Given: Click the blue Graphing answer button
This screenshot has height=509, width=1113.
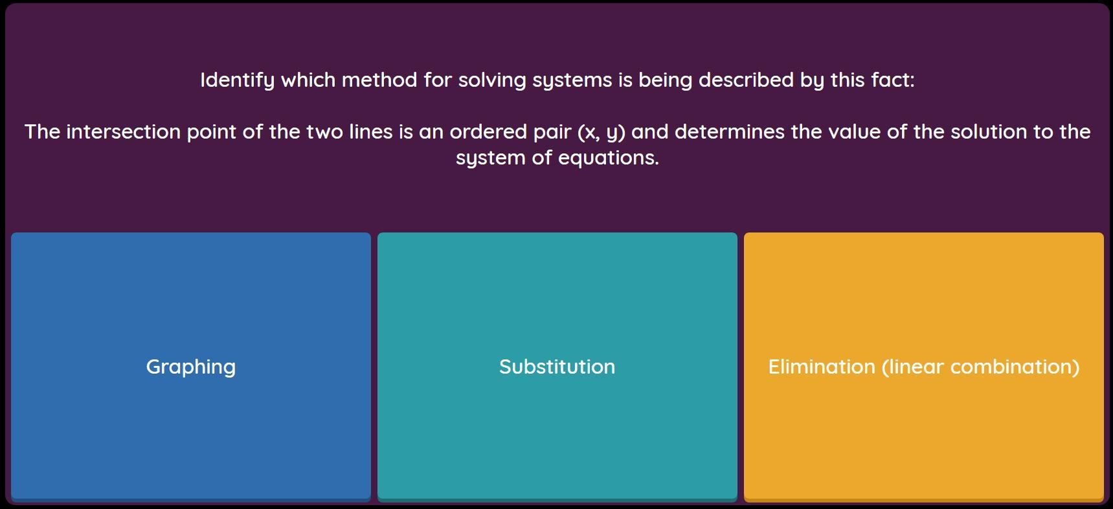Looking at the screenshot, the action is click(191, 367).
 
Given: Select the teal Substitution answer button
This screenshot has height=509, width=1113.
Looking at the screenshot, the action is click(557, 367).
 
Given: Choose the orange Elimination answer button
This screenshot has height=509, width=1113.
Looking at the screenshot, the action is click(924, 367).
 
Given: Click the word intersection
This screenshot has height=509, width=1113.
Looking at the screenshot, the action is click(124, 131).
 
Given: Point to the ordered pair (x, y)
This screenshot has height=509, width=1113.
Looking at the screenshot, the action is click(601, 132).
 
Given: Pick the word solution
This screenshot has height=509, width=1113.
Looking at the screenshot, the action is click(989, 131).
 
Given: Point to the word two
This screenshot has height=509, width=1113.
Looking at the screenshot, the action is click(324, 131).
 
